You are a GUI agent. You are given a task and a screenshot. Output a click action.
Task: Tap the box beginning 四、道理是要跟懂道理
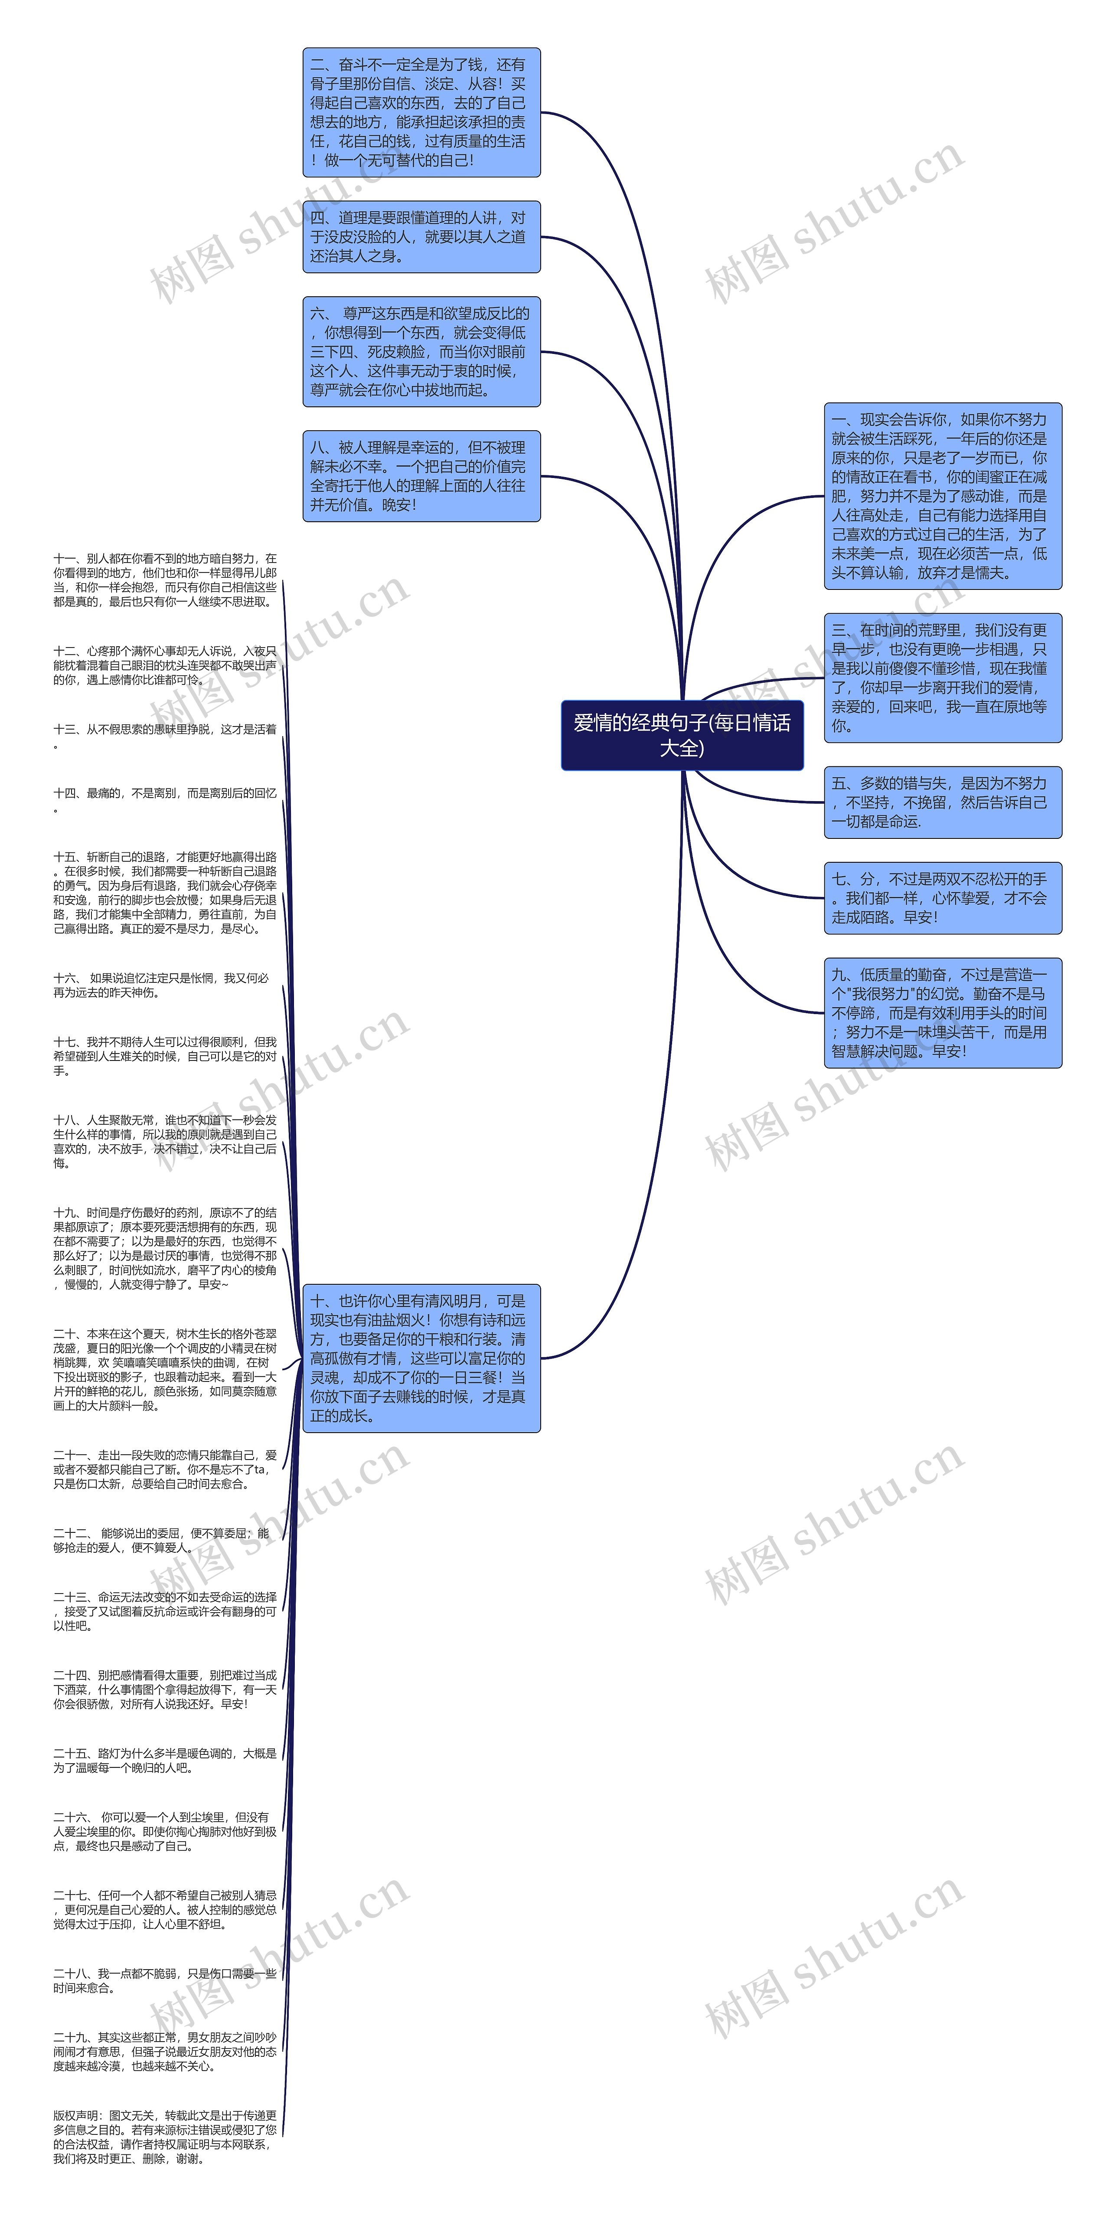421,237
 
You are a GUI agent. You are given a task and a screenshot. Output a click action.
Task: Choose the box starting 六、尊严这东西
421,351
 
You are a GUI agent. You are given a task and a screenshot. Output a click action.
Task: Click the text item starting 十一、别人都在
165,580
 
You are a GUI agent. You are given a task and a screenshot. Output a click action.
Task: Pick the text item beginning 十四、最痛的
165,799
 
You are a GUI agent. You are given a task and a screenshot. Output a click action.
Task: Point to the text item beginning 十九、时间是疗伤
165,1248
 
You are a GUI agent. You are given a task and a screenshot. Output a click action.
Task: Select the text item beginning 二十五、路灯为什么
165,1760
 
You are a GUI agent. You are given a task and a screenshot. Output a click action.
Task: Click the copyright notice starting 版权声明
165,2137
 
